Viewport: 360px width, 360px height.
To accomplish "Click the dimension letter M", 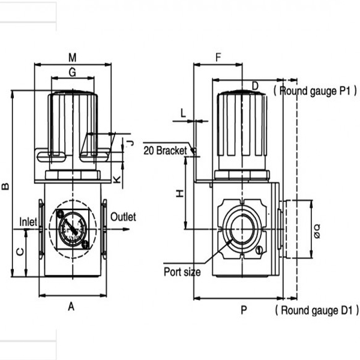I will pyautogui.click(x=72, y=58).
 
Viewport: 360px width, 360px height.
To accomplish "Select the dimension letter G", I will pyautogui.click(x=72, y=73).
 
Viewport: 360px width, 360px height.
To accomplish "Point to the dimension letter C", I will pyautogui.click(x=20, y=253).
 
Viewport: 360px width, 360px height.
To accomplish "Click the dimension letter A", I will pyautogui.click(x=71, y=306).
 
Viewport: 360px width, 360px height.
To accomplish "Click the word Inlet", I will pyautogui.click(x=28, y=221).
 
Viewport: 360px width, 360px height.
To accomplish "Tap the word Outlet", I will pyautogui.click(x=124, y=217).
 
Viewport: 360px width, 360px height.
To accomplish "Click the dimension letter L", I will pyautogui.click(x=184, y=112).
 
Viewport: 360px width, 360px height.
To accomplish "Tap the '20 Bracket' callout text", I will pyautogui.click(x=166, y=150).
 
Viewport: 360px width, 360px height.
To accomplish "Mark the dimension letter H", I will pyautogui.click(x=178, y=193).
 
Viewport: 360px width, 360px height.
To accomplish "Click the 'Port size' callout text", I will pyautogui.click(x=182, y=272).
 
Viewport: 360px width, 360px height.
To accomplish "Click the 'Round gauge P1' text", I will pyautogui.click(x=315, y=91).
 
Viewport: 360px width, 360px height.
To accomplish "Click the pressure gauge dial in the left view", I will pyautogui.click(x=72, y=229).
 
